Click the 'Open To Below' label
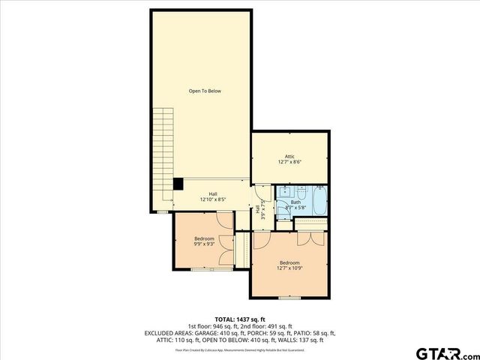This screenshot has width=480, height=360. click(205, 91)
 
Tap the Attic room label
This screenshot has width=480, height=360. click(289, 155)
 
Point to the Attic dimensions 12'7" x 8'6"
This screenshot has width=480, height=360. click(289, 162)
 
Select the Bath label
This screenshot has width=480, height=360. click(295, 202)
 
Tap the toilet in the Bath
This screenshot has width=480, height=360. click(283, 211)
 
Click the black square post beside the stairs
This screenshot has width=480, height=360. click(178, 183)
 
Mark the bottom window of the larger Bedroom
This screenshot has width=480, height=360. click(289, 297)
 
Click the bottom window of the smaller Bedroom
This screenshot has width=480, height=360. click(201, 268)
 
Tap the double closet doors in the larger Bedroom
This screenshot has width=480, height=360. click(310, 239)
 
